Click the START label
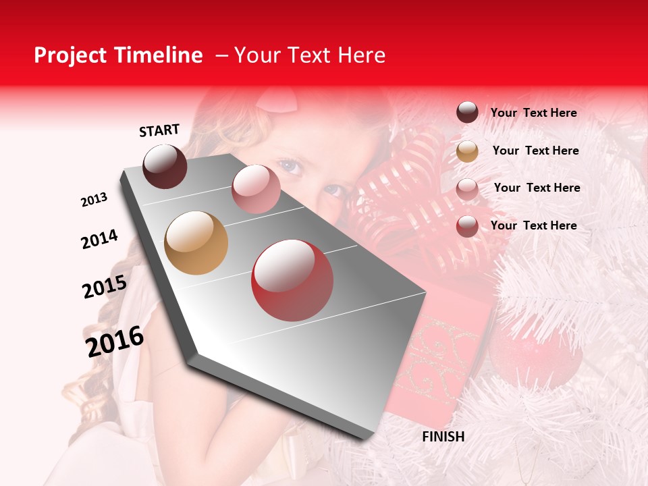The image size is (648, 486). tap(159, 130)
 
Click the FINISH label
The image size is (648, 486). tap(443, 437)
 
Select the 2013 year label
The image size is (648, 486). tap(94, 200)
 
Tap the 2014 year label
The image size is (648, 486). tap(99, 239)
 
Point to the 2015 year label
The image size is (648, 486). tap(105, 287)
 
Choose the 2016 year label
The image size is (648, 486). tap(115, 341)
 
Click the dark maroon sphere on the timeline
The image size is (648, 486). tap(165, 166)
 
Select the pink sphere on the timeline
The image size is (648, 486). tap(256, 189)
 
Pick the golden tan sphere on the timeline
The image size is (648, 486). tap(196, 243)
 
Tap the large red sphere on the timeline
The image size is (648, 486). tap(292, 280)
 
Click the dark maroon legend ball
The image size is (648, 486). tap(467, 113)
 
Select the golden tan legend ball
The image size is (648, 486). tap(467, 151)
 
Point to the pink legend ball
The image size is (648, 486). tap(467, 189)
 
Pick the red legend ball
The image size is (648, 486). tap(467, 226)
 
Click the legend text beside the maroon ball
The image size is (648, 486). tap(533, 113)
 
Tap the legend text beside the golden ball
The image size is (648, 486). tap(535, 151)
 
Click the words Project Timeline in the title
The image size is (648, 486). tap(118, 55)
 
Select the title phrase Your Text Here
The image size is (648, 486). tap(309, 55)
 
